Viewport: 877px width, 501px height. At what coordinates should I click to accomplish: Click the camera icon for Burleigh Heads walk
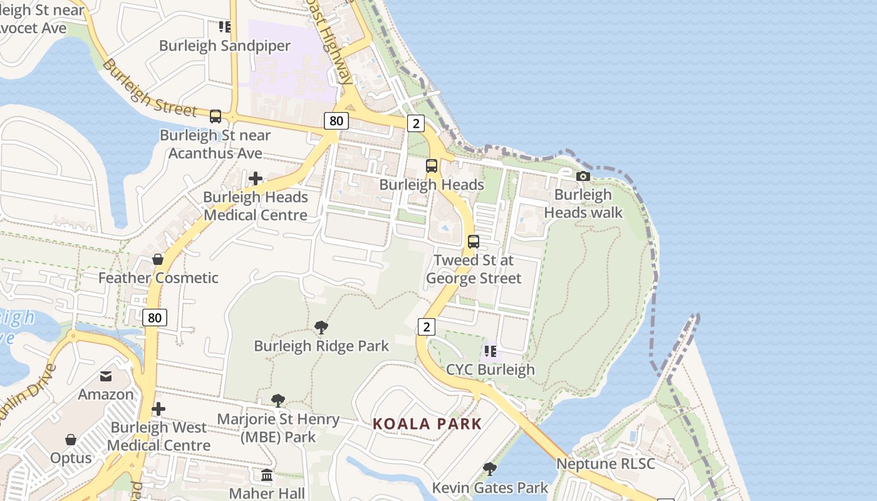click(583, 177)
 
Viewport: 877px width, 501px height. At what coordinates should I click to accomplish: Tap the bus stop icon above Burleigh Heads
click(432, 166)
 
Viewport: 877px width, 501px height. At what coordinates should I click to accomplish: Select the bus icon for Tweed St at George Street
click(474, 242)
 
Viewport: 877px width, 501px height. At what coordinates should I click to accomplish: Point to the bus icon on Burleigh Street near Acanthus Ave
click(215, 116)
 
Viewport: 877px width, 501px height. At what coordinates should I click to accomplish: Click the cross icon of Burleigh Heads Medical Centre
click(256, 179)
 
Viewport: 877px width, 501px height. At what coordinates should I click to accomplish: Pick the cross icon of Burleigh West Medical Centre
click(158, 410)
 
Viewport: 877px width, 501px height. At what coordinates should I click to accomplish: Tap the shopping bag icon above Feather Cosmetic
click(158, 259)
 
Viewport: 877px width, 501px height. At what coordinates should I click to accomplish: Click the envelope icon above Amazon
click(106, 376)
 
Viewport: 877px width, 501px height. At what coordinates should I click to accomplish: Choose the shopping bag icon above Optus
click(71, 440)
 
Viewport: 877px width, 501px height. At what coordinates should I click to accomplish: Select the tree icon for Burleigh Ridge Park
click(321, 327)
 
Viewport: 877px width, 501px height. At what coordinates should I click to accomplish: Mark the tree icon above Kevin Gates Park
click(490, 468)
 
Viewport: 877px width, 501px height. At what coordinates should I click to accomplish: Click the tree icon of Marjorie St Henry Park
click(278, 401)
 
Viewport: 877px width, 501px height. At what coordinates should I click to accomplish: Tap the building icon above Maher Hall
click(267, 475)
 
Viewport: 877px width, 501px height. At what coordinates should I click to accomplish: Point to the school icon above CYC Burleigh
click(490, 351)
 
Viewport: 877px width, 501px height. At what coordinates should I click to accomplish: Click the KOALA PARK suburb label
click(427, 424)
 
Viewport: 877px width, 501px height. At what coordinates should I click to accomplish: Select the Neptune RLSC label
click(606, 464)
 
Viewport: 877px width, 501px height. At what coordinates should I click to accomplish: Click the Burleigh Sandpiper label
click(225, 46)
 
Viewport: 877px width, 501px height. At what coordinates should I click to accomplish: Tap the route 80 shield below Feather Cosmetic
click(155, 318)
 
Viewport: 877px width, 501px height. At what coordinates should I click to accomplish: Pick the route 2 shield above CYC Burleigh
click(427, 326)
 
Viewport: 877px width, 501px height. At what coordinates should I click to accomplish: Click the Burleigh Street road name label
click(150, 88)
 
